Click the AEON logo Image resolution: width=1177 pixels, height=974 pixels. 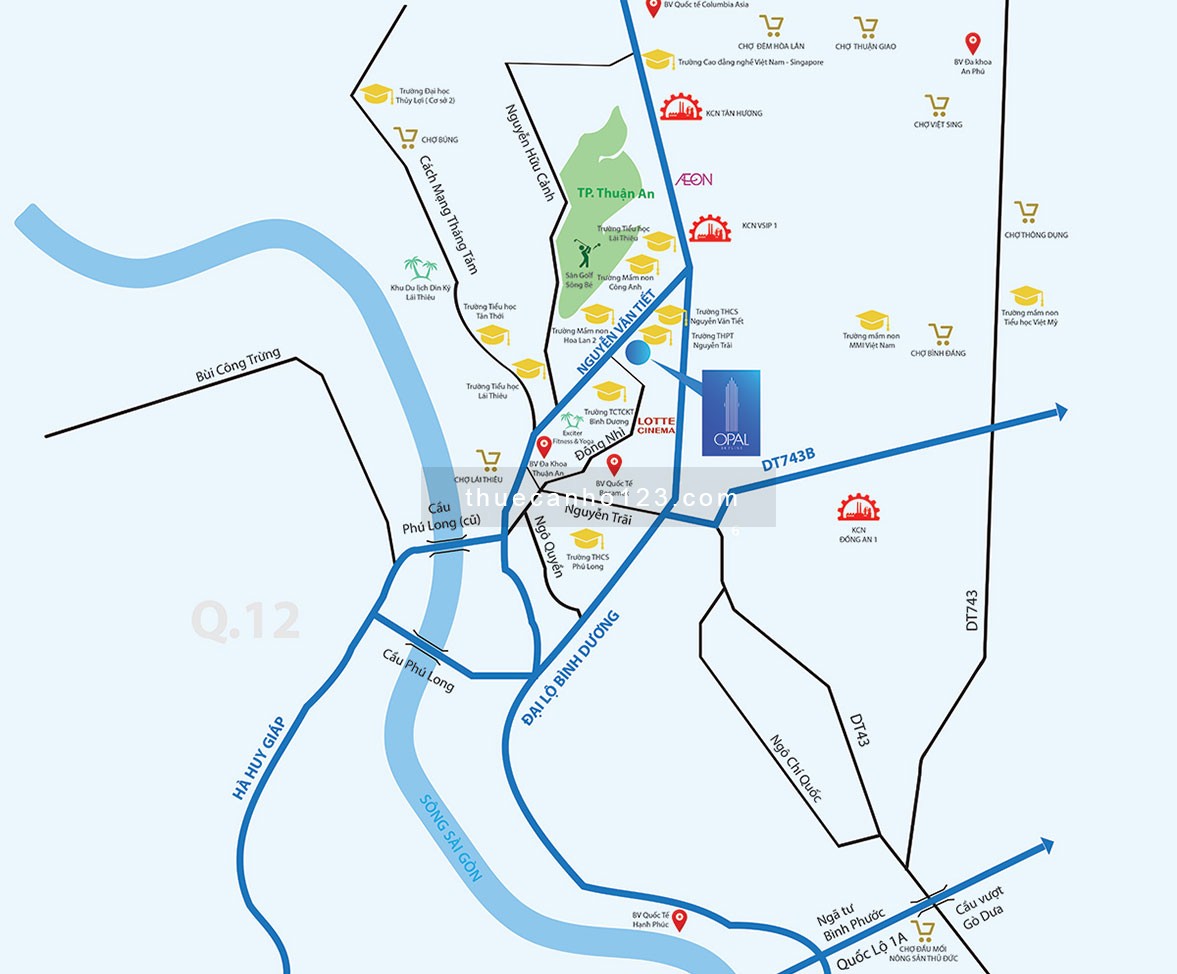click(x=694, y=179)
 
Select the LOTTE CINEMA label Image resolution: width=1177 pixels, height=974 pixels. click(x=656, y=425)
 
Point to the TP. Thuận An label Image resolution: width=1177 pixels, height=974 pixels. click(x=615, y=194)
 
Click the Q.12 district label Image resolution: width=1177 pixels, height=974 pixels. click(x=245, y=620)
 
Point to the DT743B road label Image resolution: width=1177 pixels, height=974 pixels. click(x=788, y=458)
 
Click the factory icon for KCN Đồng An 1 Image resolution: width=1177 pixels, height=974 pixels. click(x=858, y=509)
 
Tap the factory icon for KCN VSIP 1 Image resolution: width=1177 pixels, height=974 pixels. click(x=710, y=226)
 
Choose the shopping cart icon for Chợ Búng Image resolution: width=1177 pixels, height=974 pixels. click(x=405, y=138)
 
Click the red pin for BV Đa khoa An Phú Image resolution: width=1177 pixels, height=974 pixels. click(x=971, y=43)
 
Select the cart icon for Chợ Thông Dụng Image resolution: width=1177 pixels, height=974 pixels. click(x=1026, y=212)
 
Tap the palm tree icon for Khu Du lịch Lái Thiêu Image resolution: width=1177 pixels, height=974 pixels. click(x=420, y=268)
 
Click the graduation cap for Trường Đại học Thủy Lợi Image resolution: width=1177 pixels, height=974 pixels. click(x=377, y=93)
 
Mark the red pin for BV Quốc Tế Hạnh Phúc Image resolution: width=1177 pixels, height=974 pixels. click(x=680, y=919)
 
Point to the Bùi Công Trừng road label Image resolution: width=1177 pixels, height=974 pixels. click(x=239, y=367)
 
